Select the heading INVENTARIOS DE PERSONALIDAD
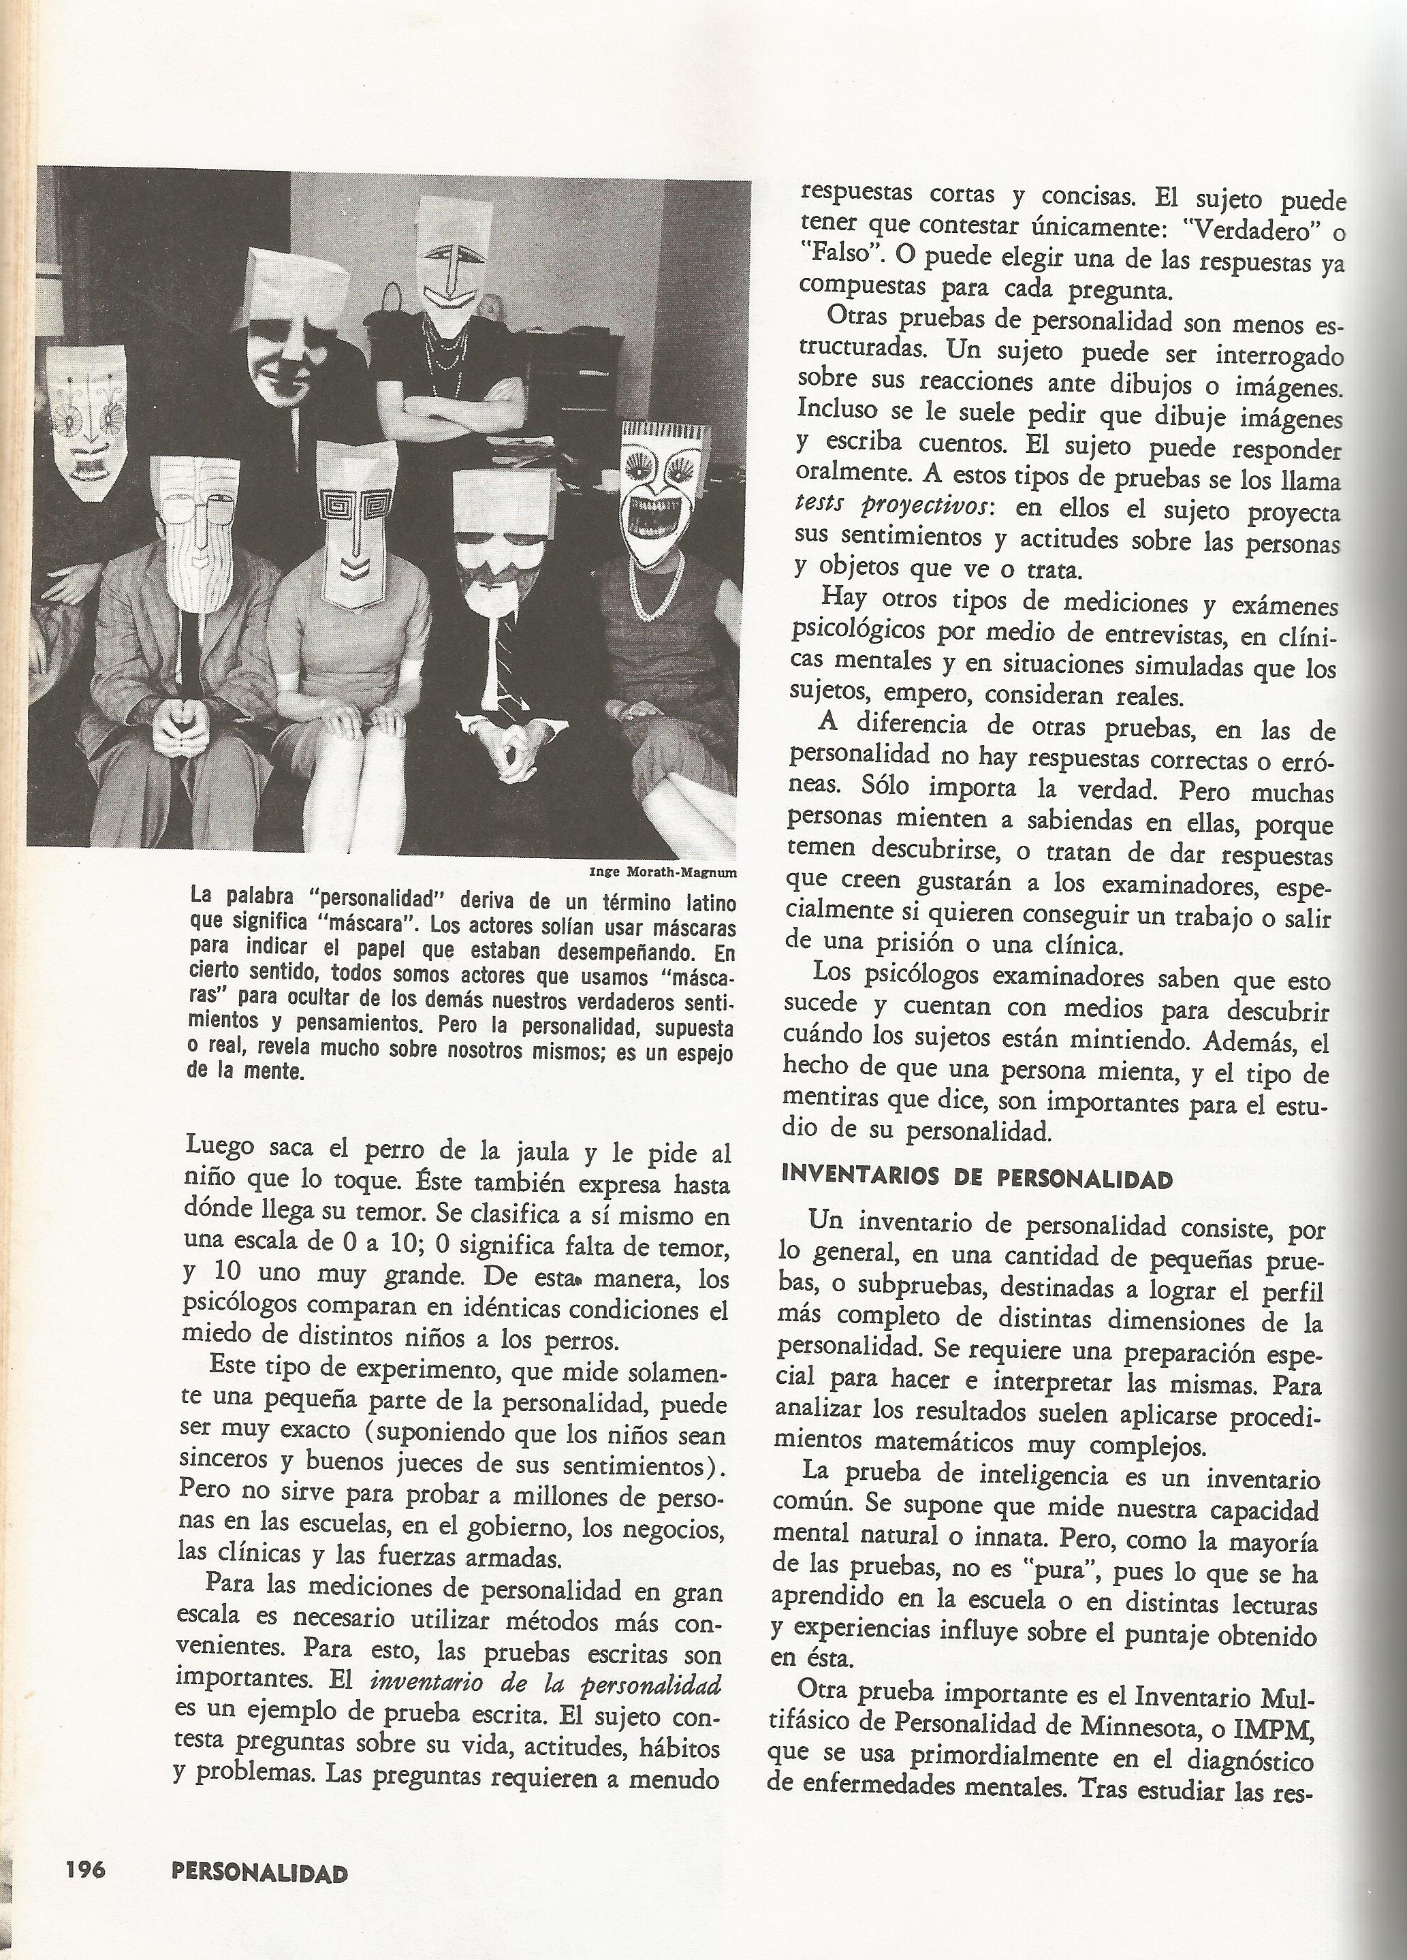977,1179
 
